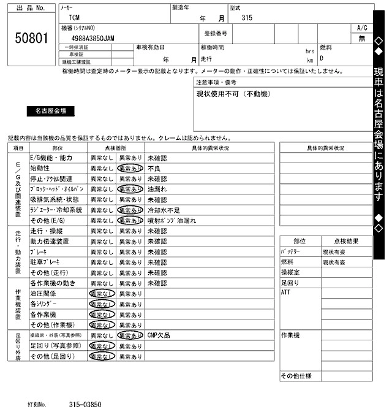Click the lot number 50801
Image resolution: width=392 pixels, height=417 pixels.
[x=31, y=38]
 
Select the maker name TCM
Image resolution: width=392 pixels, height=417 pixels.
[x=75, y=19]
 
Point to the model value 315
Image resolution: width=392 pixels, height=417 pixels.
[x=247, y=19]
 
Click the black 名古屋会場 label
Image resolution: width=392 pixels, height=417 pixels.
[x=51, y=111]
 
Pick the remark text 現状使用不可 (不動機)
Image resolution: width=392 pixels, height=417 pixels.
[x=232, y=94]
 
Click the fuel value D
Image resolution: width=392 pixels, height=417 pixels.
[x=322, y=59]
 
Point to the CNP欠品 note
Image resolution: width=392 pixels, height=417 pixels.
[x=159, y=335]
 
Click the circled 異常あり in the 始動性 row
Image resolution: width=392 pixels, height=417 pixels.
[x=130, y=168]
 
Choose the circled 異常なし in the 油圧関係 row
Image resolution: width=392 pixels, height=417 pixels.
[x=102, y=294]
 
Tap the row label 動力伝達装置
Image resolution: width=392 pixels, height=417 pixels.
[x=50, y=242]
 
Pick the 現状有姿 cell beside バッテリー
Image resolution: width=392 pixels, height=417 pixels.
[x=334, y=251]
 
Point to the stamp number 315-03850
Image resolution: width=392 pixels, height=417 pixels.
[x=85, y=405]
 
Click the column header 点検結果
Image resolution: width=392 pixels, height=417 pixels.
[x=347, y=241]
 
